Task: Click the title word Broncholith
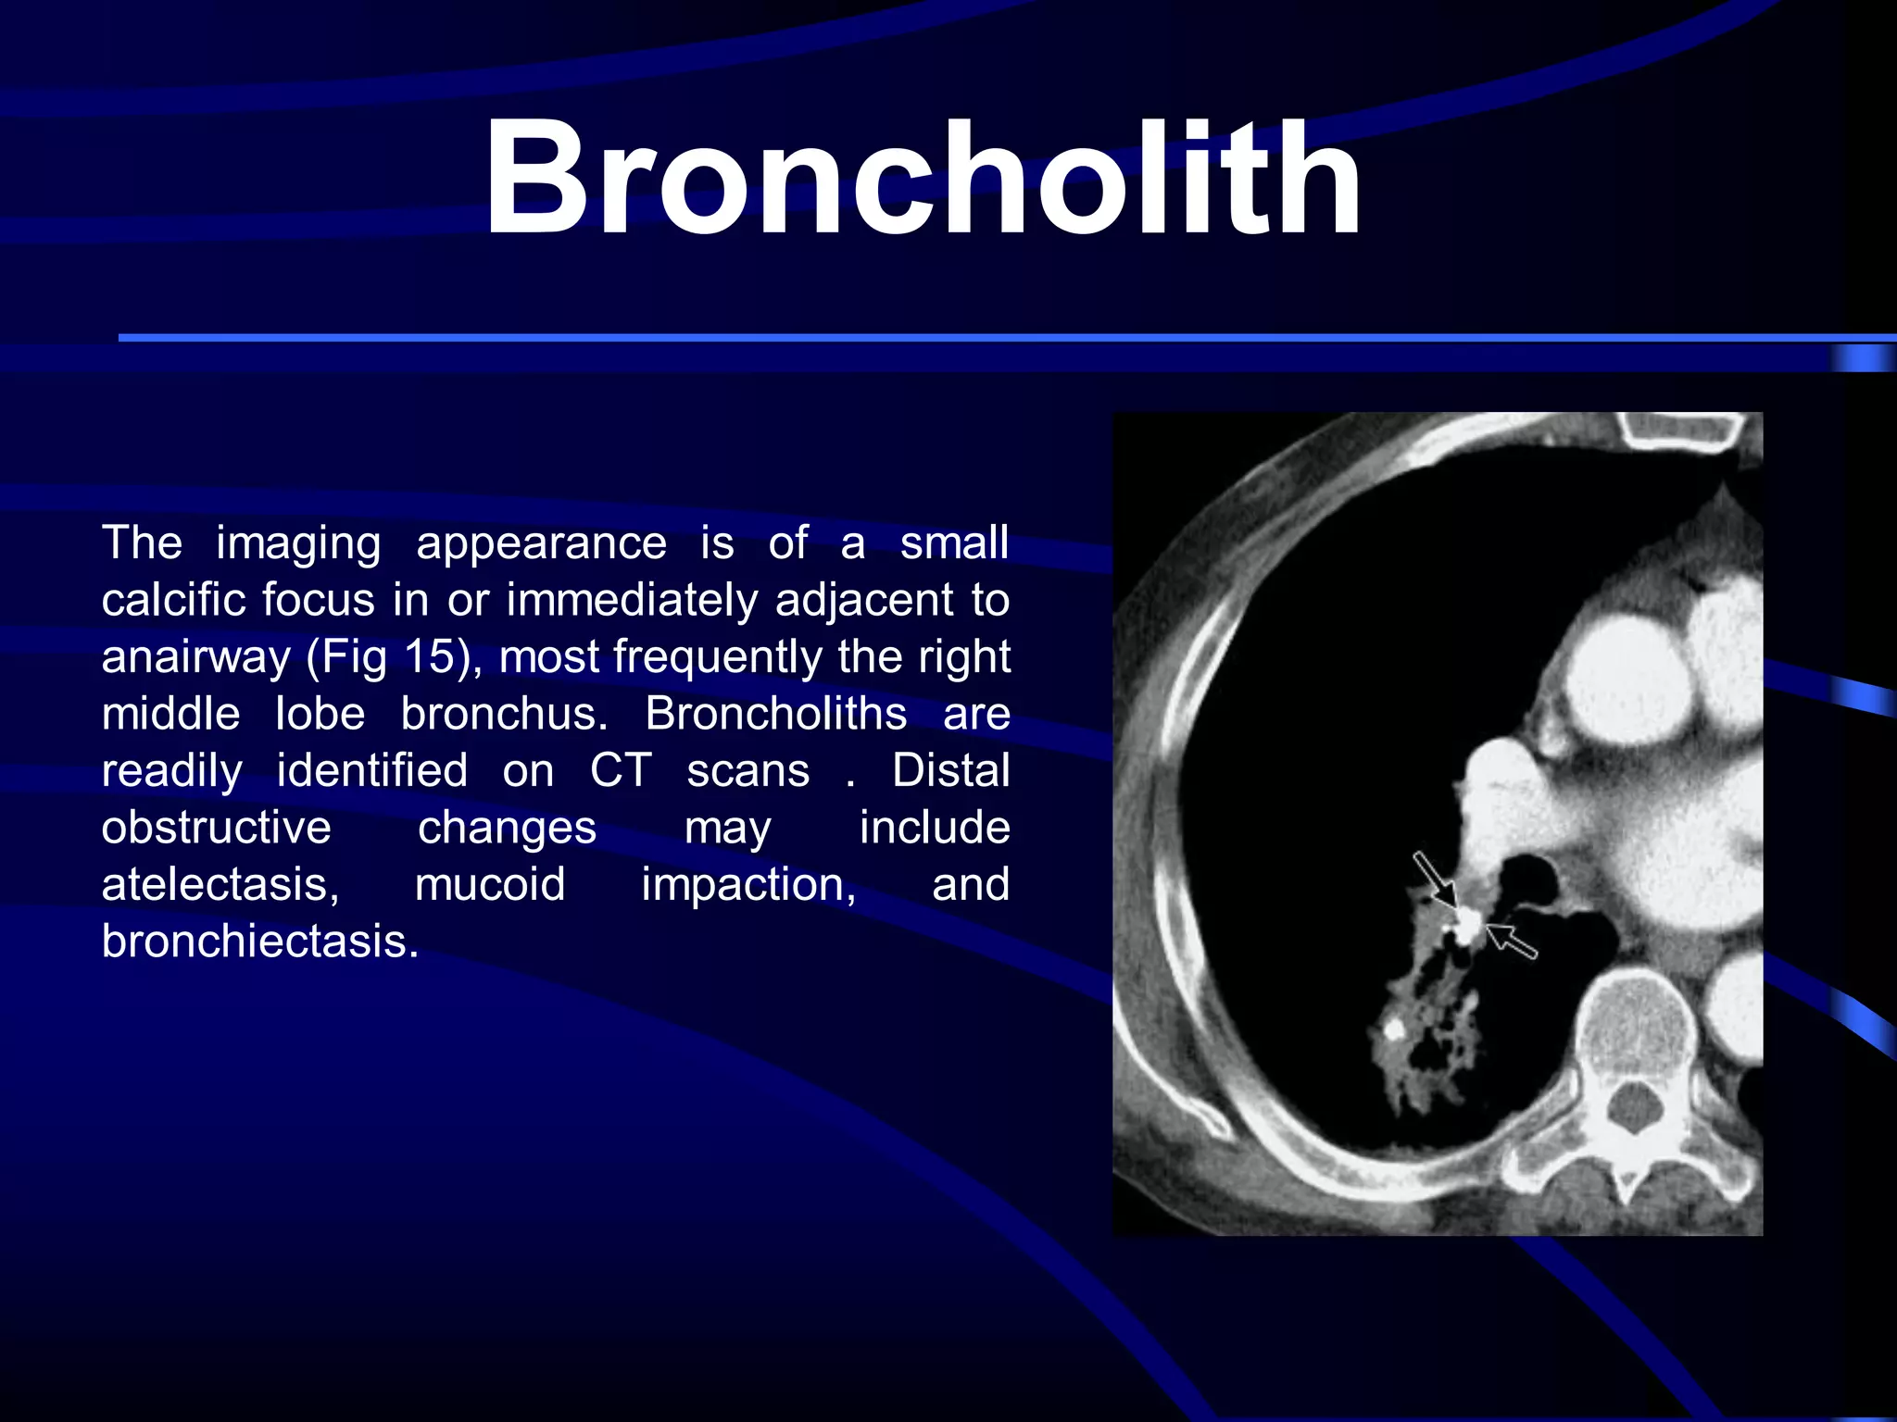click(x=922, y=178)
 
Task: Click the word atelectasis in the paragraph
click(x=220, y=884)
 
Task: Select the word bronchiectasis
click(x=259, y=942)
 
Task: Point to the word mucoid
click(x=489, y=884)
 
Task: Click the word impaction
click(x=748, y=884)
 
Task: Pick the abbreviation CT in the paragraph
click(x=621, y=770)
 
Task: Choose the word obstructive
click(x=216, y=828)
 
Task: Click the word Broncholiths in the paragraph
click(x=776, y=714)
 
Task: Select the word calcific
click(x=172, y=600)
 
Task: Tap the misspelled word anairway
click(x=195, y=657)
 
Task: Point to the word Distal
click(x=950, y=770)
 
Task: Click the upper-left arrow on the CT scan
click(x=1434, y=879)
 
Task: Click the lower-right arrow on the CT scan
click(x=1512, y=941)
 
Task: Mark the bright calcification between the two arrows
click(x=1467, y=923)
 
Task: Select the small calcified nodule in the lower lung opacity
click(x=1392, y=1028)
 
